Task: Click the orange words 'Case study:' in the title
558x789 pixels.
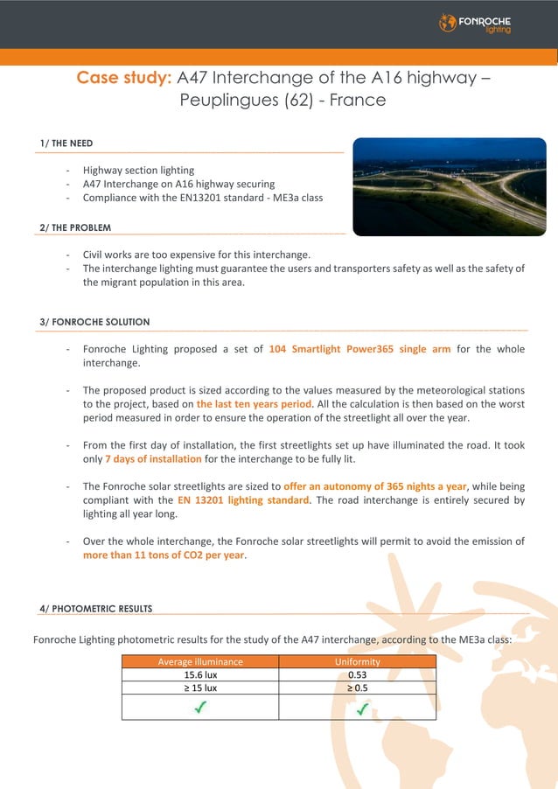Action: pos(123,77)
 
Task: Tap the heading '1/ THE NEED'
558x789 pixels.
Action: pos(66,143)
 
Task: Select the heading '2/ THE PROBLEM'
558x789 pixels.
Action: pos(75,227)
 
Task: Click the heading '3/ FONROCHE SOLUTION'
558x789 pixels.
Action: pos(94,322)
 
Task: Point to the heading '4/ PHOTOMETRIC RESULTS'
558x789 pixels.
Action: pos(95,608)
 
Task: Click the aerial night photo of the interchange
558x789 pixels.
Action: pos(449,186)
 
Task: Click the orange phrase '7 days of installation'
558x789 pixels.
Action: pos(153,459)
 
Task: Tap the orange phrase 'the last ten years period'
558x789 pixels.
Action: pos(254,404)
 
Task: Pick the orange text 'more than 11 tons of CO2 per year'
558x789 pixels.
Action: pos(164,555)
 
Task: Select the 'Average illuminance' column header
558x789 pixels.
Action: pos(200,662)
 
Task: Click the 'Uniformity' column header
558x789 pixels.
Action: pos(357,662)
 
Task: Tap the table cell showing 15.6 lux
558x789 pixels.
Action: pos(200,674)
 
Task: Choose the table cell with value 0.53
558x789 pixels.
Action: pos(357,674)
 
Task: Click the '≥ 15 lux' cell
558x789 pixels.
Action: pos(200,688)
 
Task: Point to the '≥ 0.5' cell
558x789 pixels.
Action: pos(357,688)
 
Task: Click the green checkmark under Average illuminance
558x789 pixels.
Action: pos(201,708)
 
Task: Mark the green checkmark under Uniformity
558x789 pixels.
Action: pos(360,708)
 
